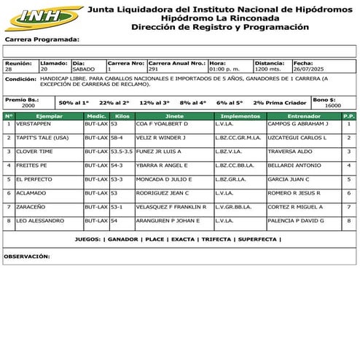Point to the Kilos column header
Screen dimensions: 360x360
pos(122,116)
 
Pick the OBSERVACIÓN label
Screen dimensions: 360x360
pos(27,257)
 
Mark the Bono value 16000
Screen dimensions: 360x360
pos(332,106)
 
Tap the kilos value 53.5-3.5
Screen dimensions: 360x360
pos(122,151)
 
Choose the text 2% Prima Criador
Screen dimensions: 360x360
pos(280,103)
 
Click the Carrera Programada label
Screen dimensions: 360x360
pos(42,39)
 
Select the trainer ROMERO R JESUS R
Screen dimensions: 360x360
pos(294,192)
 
